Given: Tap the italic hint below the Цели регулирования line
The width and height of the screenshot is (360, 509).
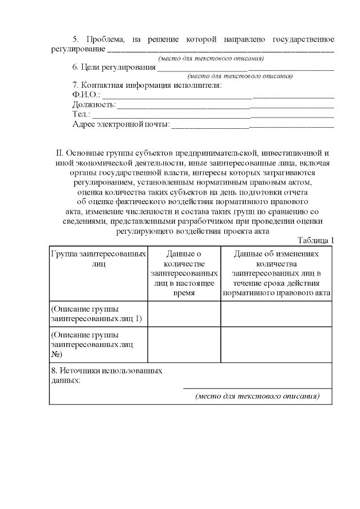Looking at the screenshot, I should (x=240, y=75).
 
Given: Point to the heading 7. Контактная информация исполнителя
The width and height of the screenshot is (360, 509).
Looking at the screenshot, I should (x=147, y=85).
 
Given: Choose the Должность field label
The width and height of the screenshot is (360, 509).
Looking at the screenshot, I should (x=94, y=105).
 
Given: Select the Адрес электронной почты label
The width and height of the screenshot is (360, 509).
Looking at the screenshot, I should (x=121, y=124).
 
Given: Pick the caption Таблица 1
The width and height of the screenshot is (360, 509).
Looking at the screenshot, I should (x=316, y=240).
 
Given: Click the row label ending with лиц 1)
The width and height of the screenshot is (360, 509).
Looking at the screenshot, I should (x=96, y=314).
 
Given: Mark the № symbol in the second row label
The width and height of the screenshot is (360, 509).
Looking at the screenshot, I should (x=56, y=354).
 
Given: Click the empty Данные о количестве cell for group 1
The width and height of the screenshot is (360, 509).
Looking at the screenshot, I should (x=184, y=314).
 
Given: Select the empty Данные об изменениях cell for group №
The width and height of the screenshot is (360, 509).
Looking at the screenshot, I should (x=276, y=345).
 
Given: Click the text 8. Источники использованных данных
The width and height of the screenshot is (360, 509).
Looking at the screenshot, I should (x=107, y=376).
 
